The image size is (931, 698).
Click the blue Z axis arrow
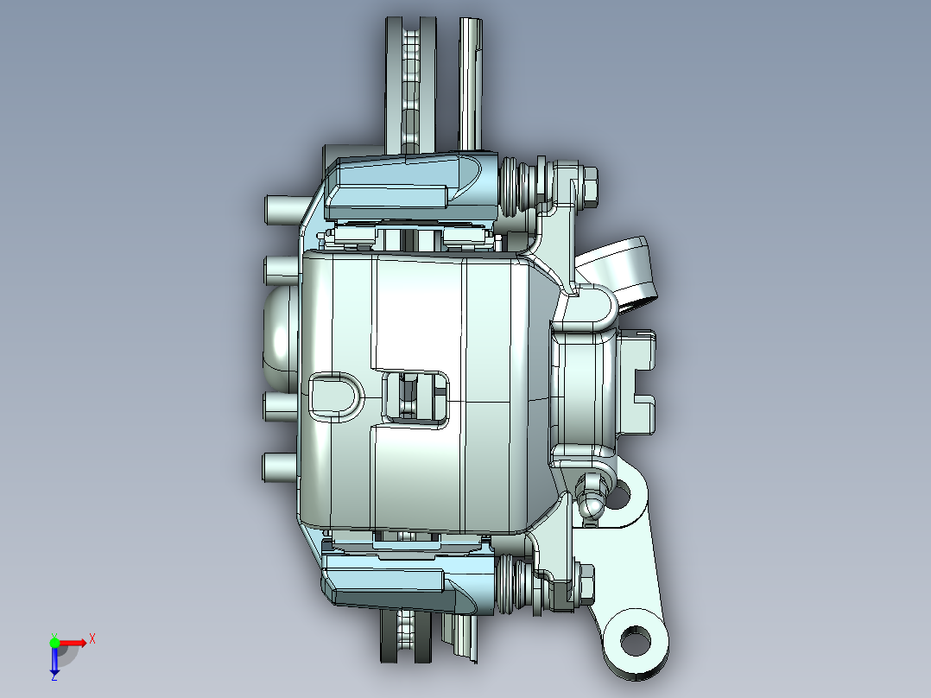tap(54, 664)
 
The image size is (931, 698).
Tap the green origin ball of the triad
tap(54, 642)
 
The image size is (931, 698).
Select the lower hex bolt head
tap(585, 584)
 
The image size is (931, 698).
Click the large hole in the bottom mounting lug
tap(635, 641)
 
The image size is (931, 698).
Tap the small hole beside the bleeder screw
tap(618, 496)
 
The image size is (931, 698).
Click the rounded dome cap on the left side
tap(278, 337)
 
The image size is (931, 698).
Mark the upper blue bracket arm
tap(406, 186)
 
